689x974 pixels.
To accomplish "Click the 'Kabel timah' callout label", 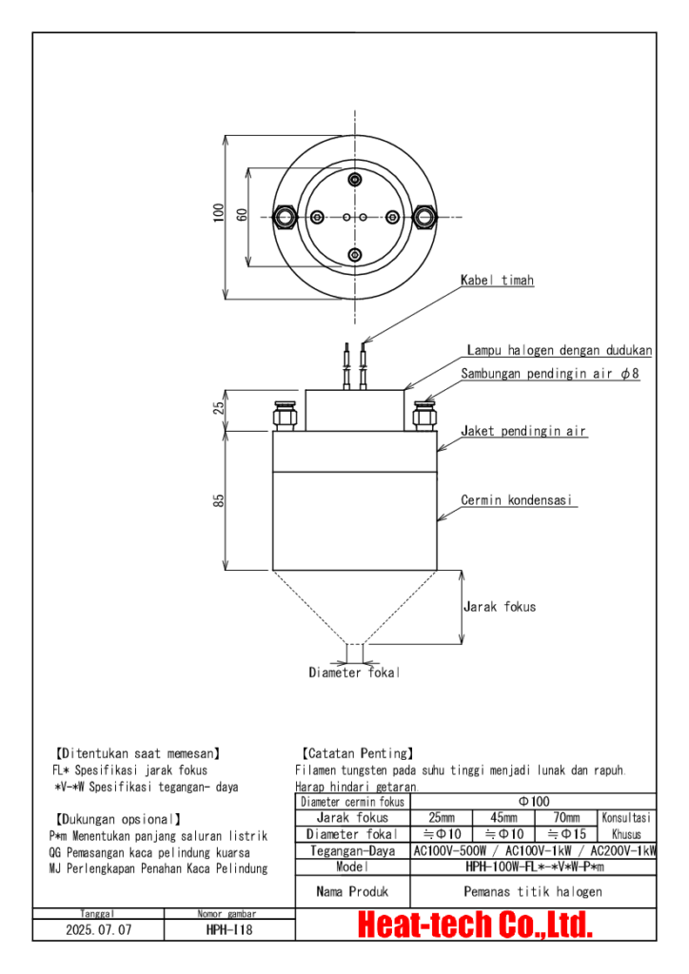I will [x=497, y=281].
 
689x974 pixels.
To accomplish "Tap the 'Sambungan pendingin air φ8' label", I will [x=550, y=375].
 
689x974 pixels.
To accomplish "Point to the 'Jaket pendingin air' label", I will [x=523, y=432].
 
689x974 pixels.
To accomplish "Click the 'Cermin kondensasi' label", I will [x=518, y=500].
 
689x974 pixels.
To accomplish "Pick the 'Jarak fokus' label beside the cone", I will [x=499, y=607].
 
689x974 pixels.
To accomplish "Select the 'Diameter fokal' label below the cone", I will [x=354, y=673].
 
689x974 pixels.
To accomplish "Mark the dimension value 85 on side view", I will [x=219, y=500].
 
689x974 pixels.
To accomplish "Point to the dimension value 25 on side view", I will [x=219, y=407].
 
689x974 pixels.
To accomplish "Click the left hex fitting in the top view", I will [x=285, y=218].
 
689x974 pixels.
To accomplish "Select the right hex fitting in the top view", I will [x=423, y=218].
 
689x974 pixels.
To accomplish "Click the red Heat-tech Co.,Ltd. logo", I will [x=475, y=924].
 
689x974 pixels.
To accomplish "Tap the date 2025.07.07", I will [x=98, y=929].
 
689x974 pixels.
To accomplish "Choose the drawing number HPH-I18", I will [x=228, y=929].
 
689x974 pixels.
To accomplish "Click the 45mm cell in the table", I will [x=503, y=818].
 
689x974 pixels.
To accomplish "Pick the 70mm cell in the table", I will [x=565, y=818].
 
